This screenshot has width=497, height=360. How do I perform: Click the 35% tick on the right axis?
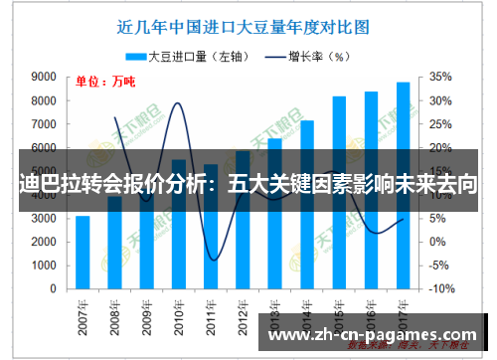pyautogui.click(x=442, y=77)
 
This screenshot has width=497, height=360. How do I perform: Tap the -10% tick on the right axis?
pyautogui.click(x=440, y=288)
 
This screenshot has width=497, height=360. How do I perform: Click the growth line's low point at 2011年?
pyautogui.click(x=211, y=261)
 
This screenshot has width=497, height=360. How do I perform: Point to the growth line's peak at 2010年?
pyautogui.click(x=179, y=103)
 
